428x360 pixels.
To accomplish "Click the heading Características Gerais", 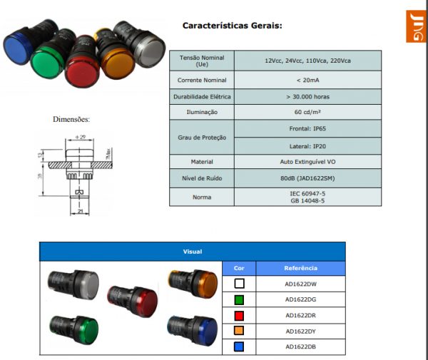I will pos(233,26).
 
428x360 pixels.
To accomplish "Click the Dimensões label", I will pos(72,120).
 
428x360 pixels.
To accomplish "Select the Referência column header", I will pos(300,269).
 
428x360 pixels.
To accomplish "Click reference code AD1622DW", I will pos(300,284).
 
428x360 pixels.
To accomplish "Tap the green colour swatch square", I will pos(239,299).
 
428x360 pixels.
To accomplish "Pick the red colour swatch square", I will pos(239,315).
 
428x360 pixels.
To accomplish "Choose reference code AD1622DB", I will pos(300,347).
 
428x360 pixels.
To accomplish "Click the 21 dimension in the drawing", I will pos(81,212).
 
